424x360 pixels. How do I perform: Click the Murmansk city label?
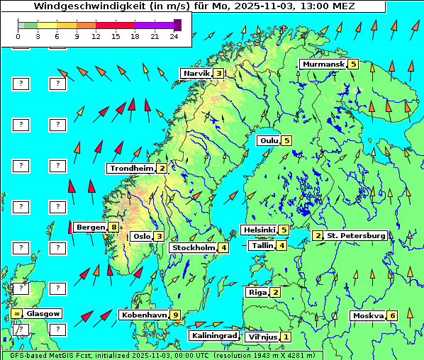click(323, 64)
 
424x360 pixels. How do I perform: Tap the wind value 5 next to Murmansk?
click(352, 64)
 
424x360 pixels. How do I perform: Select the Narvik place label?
click(197, 73)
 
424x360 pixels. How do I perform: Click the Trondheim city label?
click(131, 168)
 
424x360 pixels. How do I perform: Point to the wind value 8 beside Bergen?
click(113, 227)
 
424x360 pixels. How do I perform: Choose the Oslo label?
click(141, 236)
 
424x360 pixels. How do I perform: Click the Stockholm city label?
click(193, 247)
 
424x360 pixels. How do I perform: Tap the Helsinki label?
click(258, 230)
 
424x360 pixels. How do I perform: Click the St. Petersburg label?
click(356, 235)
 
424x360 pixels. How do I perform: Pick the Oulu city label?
click(269, 140)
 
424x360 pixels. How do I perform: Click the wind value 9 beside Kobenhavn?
click(175, 315)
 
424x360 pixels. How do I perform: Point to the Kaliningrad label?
click(213, 335)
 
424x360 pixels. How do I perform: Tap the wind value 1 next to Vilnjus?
click(285, 337)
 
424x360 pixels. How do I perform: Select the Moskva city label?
click(368, 315)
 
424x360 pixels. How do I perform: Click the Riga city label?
click(256, 292)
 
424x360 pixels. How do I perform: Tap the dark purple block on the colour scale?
click(177, 25)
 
